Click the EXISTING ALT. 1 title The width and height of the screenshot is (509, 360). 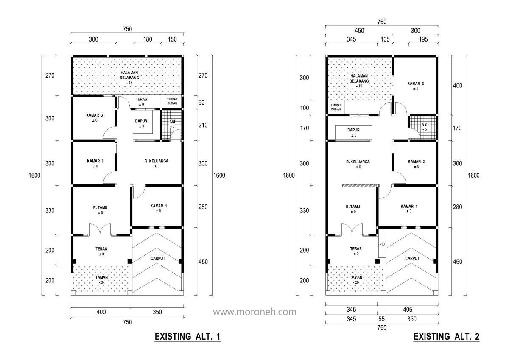(187, 337)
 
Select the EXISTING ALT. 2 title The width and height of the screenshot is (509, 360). (447, 337)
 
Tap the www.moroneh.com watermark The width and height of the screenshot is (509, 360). (255, 312)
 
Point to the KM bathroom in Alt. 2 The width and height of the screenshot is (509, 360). (423, 127)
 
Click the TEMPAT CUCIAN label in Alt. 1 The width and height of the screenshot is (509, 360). (172, 101)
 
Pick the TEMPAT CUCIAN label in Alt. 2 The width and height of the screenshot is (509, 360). (336, 107)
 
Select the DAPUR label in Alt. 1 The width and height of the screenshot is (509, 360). (141, 121)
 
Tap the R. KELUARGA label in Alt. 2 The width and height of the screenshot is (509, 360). (358, 162)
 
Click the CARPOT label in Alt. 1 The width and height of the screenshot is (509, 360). (158, 259)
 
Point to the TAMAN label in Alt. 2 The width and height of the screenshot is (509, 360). (356, 277)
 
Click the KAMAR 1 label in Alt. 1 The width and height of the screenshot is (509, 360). (159, 206)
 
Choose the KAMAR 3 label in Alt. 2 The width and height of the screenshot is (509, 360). (416, 84)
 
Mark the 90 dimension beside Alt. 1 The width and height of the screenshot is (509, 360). (201, 103)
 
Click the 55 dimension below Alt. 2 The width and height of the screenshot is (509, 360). (381, 319)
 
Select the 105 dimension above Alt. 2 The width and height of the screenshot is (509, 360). (385, 39)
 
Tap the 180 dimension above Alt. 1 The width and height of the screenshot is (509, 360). (148, 39)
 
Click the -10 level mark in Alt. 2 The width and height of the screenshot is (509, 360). (382, 244)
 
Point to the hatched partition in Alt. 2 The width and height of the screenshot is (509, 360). (361, 186)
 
